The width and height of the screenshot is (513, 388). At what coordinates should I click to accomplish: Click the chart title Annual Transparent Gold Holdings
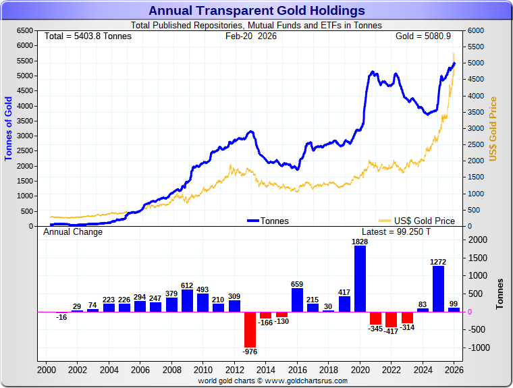point(256,11)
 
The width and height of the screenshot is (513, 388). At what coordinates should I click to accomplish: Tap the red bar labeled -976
point(250,329)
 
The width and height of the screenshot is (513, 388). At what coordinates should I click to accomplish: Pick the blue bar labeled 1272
point(438,289)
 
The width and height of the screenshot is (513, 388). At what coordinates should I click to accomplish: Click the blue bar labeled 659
point(297,300)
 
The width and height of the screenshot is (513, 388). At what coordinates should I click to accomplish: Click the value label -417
point(391,332)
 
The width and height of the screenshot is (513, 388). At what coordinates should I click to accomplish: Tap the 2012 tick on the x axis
point(236,370)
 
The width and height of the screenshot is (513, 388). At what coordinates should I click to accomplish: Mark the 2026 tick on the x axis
point(454,370)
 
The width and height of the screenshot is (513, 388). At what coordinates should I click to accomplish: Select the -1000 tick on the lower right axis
point(478,348)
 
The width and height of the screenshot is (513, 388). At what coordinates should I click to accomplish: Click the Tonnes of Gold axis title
point(9,128)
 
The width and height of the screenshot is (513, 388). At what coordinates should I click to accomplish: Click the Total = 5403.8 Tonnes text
point(88,36)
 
